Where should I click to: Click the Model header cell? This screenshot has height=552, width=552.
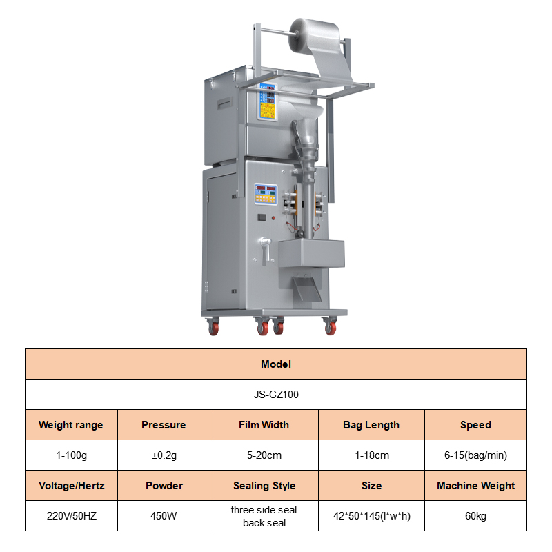[276, 364]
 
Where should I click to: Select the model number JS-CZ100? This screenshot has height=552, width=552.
[276, 394]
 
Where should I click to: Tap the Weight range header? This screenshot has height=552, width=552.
[71, 425]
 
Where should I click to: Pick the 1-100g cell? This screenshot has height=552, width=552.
[71, 455]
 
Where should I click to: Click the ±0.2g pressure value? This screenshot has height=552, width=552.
[164, 455]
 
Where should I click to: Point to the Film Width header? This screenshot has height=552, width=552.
[264, 425]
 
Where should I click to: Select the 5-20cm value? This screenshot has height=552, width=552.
[264, 455]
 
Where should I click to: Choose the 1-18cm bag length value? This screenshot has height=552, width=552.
[372, 455]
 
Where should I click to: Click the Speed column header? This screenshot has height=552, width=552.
[475, 425]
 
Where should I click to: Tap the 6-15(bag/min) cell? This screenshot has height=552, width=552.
[475, 455]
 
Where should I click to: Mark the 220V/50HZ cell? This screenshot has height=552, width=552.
[71, 515]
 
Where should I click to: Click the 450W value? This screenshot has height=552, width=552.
[164, 515]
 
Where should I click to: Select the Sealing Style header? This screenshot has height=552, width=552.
[264, 486]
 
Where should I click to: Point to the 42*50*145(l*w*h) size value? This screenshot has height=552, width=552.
[372, 515]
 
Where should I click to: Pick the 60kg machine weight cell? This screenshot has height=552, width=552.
[475, 515]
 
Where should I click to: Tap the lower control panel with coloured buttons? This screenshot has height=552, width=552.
[266, 194]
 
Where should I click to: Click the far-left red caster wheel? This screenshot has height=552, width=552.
[213, 326]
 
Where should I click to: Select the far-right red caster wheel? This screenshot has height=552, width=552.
[331, 326]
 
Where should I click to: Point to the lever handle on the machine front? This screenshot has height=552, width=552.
[265, 250]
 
